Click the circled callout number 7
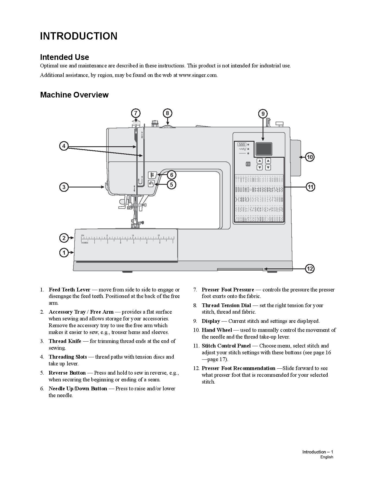(136, 113)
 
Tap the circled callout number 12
(310, 269)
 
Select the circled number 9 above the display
(263, 113)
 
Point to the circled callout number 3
(64, 187)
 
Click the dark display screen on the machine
(264, 149)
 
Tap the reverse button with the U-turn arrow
(151, 183)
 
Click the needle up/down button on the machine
(152, 175)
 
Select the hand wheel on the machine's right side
(295, 158)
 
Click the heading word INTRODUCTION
(79, 36)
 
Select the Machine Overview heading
(74, 95)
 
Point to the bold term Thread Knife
(65, 341)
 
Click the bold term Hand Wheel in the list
(217, 330)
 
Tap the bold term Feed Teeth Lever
(69, 290)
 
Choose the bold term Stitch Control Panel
(226, 346)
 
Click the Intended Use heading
(64, 57)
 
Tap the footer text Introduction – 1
(318, 452)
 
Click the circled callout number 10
(310, 157)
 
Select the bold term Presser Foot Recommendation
(238, 368)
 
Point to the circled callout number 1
(64, 253)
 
